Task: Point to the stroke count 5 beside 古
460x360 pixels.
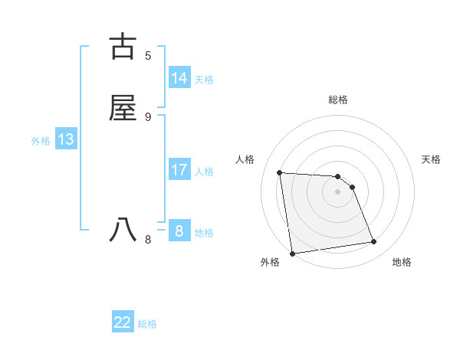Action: (148, 56)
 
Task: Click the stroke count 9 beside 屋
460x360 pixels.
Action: (148, 116)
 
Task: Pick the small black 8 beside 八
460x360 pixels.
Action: (148, 239)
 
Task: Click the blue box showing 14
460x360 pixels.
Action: (179, 78)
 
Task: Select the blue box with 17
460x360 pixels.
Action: (179, 170)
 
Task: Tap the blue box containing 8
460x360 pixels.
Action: (179, 231)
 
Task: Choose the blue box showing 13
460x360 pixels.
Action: (66, 139)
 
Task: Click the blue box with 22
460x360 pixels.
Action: (123, 322)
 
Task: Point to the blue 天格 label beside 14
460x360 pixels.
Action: (204, 80)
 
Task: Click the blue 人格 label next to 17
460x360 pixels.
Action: (204, 172)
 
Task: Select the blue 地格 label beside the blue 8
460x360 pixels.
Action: (204, 233)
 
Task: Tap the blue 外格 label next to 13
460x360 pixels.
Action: (41, 141)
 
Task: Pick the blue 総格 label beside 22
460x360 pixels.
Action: (147, 324)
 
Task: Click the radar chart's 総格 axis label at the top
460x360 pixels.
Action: (337, 100)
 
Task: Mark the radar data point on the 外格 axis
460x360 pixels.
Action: (292, 253)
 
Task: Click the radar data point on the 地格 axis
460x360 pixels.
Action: (374, 242)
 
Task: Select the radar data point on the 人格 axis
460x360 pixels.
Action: (280, 172)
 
